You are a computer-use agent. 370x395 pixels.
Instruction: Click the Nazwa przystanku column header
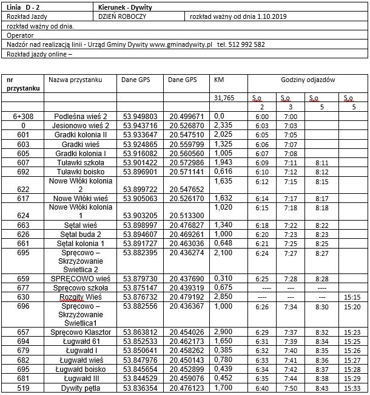(x=75, y=80)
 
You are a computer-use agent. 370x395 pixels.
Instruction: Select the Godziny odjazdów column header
(x=308, y=80)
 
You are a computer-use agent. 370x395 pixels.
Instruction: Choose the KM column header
(x=219, y=80)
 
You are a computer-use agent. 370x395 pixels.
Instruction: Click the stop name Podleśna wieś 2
(x=80, y=115)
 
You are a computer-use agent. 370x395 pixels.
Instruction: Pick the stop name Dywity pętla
(x=81, y=388)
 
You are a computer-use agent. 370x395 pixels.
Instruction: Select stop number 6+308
(x=23, y=115)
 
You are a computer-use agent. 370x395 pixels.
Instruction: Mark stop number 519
(x=23, y=388)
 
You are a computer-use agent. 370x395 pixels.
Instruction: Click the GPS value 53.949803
(x=140, y=115)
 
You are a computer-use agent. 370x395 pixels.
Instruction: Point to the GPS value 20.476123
(x=187, y=388)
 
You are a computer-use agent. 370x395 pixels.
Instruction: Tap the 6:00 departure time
(x=262, y=115)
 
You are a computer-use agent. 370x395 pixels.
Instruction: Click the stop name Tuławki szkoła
(x=80, y=163)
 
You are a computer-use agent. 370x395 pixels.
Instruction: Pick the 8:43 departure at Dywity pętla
(x=322, y=388)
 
